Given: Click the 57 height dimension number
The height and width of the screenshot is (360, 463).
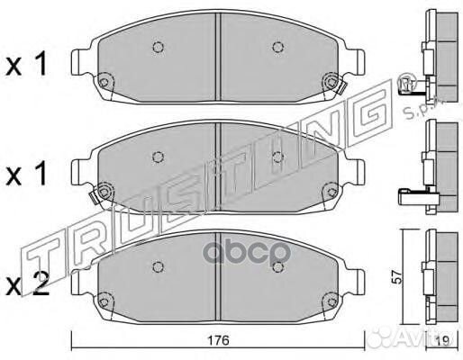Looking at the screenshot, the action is (x=397, y=277).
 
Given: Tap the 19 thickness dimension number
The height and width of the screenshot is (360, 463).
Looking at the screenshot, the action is (x=442, y=340).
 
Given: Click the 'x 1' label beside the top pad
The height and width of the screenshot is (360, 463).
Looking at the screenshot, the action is (x=26, y=63).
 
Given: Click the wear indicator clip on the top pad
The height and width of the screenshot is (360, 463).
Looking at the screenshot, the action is (x=342, y=88).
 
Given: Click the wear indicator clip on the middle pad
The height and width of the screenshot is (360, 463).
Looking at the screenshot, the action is (x=94, y=197).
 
